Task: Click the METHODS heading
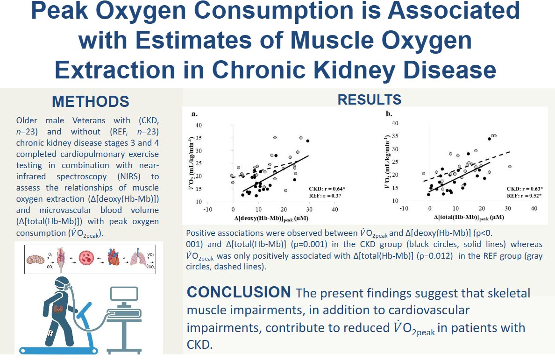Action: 91,101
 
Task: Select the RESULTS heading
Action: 369,99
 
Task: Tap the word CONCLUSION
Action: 238,292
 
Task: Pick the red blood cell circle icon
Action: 87,258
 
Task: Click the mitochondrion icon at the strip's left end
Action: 35,258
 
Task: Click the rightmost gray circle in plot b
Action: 510,166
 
